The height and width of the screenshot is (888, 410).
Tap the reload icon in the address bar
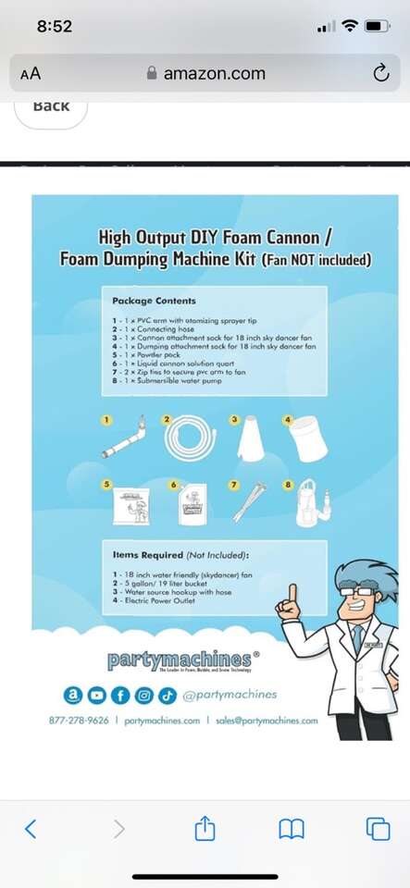(380, 72)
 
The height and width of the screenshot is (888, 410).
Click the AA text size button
(31, 73)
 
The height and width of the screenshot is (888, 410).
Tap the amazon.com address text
(214, 73)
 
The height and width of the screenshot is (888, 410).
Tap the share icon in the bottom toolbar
(205, 829)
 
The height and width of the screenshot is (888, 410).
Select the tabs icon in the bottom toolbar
(377, 829)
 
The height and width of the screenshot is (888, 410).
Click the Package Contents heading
(154, 301)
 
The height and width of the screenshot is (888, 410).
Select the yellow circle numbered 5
(106, 483)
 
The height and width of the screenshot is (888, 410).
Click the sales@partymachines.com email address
(263, 720)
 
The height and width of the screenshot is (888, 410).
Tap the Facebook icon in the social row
(122, 695)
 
